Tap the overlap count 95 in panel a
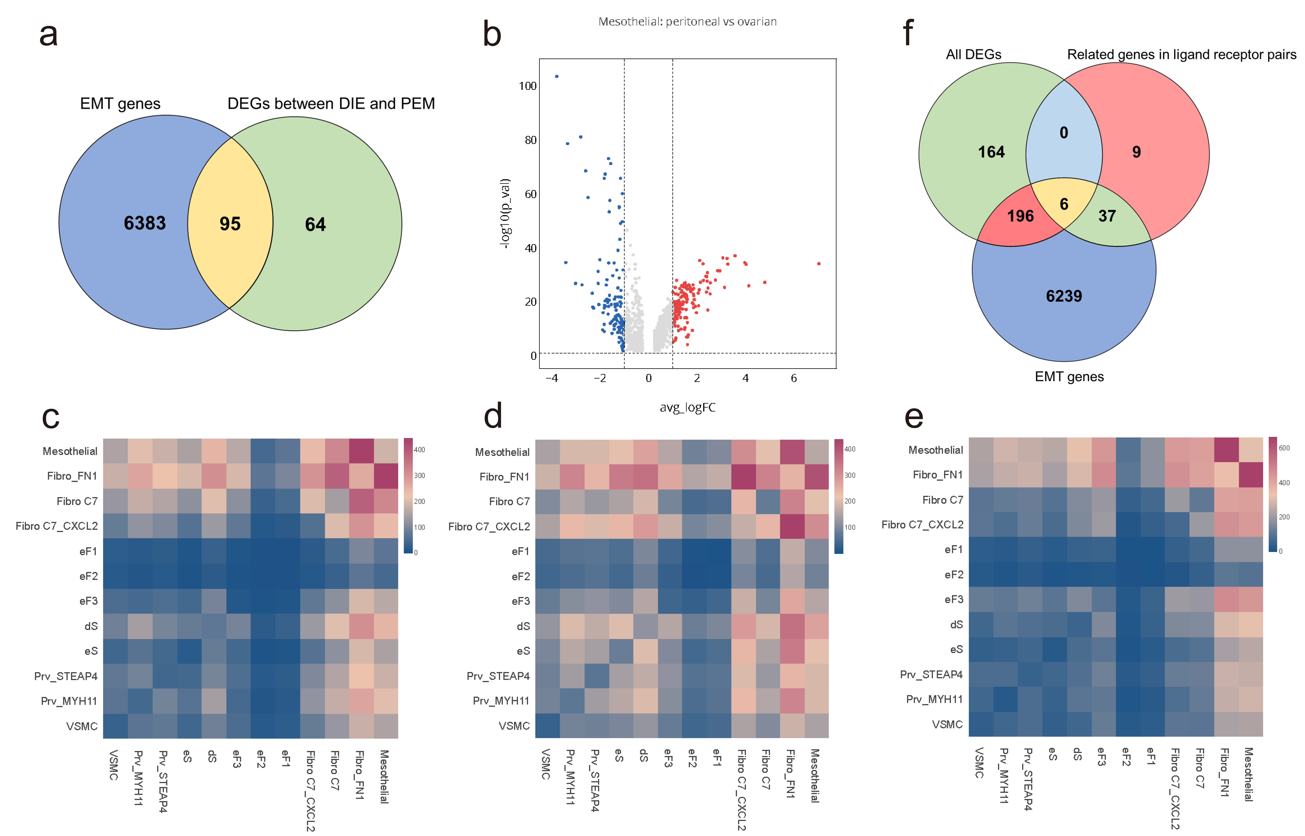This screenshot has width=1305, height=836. (x=230, y=224)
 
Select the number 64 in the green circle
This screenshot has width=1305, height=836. (x=315, y=224)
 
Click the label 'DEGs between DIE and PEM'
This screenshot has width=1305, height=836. (x=331, y=104)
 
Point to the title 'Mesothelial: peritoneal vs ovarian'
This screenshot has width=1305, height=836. (x=687, y=22)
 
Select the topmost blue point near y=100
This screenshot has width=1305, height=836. (x=556, y=76)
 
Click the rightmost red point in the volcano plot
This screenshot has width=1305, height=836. (x=819, y=264)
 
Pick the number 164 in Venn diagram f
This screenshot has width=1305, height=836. (x=991, y=152)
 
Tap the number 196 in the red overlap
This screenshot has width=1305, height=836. (x=1021, y=216)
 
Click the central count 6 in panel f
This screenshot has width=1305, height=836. (x=1064, y=204)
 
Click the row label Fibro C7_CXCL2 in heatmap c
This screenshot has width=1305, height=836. (x=57, y=526)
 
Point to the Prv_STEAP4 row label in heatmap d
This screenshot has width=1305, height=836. (x=498, y=676)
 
